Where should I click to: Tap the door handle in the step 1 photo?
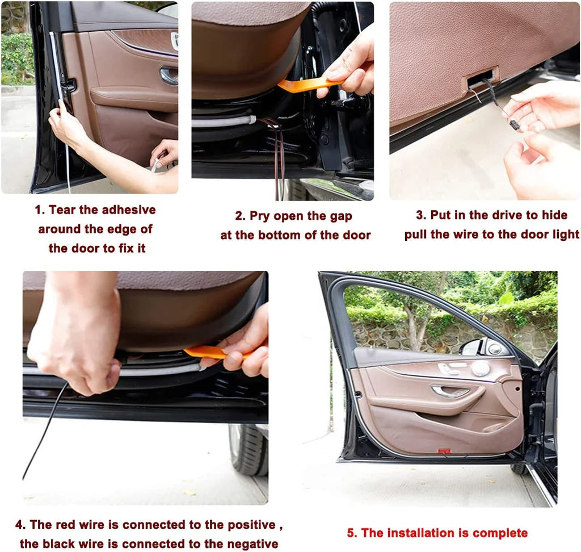[x=169, y=75]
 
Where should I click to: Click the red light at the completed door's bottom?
[x=444, y=451]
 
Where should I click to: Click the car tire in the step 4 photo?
[x=248, y=449]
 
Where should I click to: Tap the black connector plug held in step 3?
[x=513, y=124]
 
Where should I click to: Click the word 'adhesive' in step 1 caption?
[x=129, y=210]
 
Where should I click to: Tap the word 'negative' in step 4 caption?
[x=252, y=543]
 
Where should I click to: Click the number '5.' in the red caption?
[x=352, y=533]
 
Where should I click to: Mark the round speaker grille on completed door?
[x=481, y=369]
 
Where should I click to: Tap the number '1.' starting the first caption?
[x=40, y=210]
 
